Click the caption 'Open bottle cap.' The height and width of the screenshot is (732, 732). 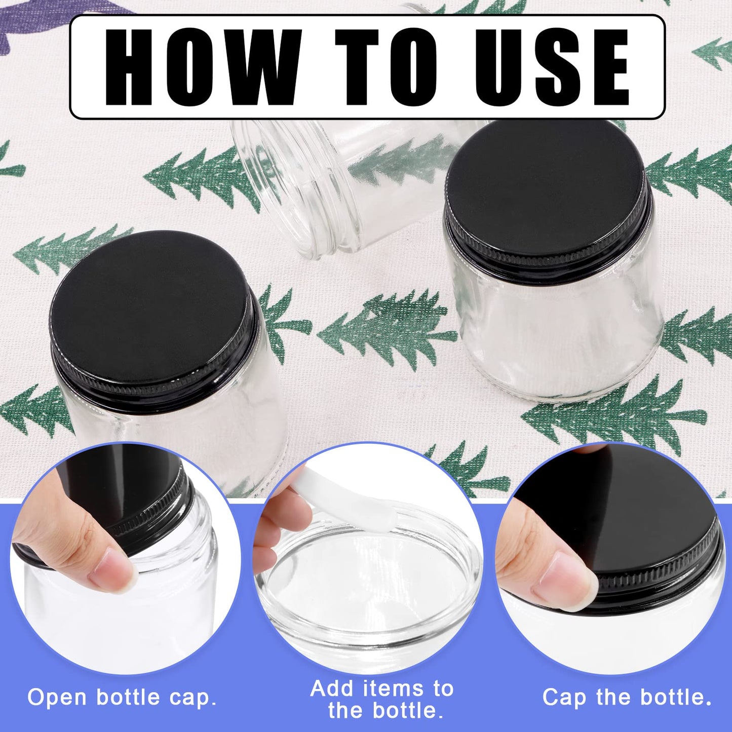tap(122, 698)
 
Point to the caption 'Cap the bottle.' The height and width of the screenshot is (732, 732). tap(627, 698)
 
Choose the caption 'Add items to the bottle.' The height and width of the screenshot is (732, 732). tap(382, 699)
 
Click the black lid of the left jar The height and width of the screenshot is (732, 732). tap(152, 309)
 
